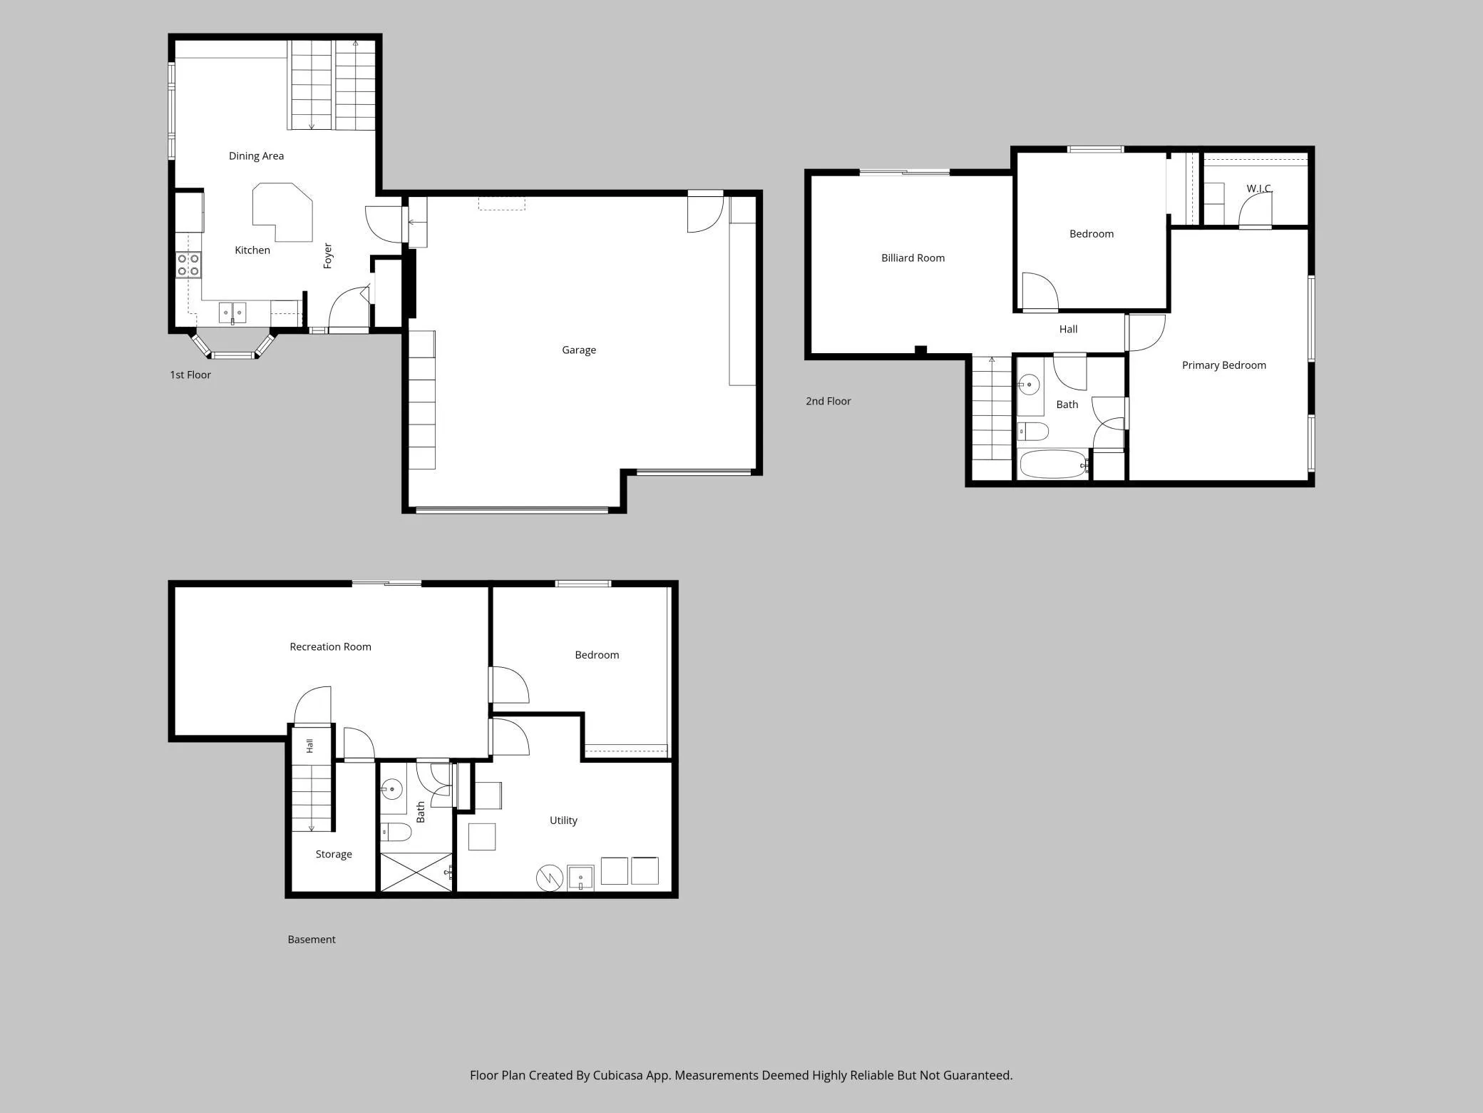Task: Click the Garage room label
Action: click(x=578, y=350)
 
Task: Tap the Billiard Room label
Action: click(x=913, y=258)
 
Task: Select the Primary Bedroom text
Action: click(x=1223, y=365)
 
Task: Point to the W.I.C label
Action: click(x=1258, y=188)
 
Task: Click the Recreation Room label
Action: click(x=330, y=647)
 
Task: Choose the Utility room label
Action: click(x=563, y=820)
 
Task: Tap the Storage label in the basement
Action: click(x=334, y=854)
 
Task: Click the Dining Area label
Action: click(x=256, y=156)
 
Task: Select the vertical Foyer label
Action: click(x=327, y=255)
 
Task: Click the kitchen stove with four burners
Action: click(x=188, y=265)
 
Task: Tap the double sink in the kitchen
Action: click(x=232, y=312)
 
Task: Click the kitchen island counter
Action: click(x=283, y=213)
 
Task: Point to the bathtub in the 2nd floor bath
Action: click(x=1053, y=464)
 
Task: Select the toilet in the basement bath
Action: click(x=395, y=832)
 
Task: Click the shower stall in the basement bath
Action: click(x=416, y=872)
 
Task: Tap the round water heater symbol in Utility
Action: click(x=550, y=878)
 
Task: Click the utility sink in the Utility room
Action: click(x=580, y=878)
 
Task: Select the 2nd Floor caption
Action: click(x=828, y=402)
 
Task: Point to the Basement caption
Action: click(x=312, y=940)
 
